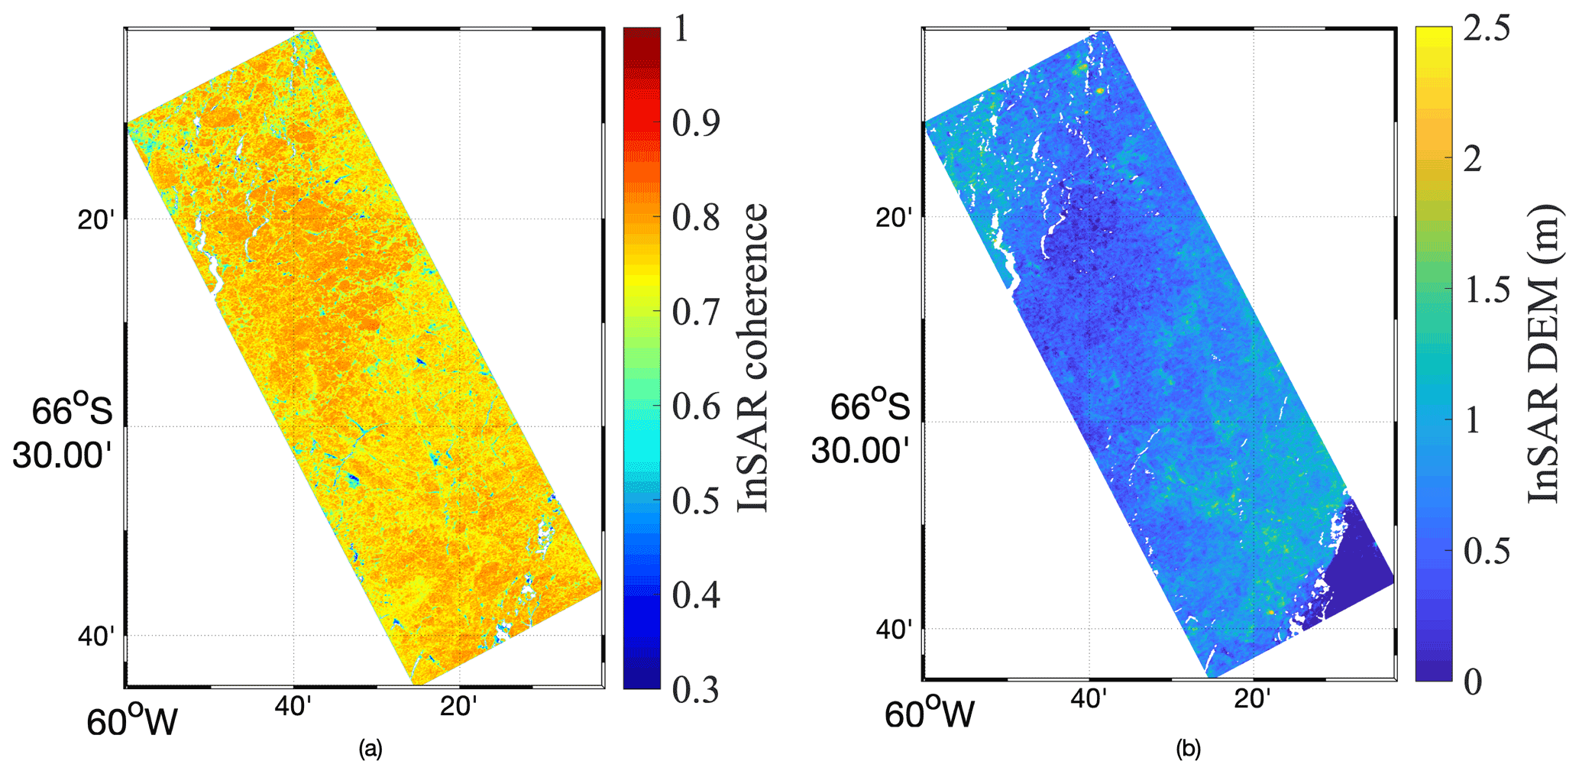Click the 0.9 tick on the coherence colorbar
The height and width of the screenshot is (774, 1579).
click(695, 123)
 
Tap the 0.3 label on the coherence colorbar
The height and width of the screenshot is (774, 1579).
click(695, 688)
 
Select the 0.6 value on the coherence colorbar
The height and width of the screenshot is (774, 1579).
click(695, 406)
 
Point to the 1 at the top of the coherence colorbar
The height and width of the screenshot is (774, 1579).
click(681, 30)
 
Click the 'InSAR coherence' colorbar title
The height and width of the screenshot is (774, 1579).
click(753, 358)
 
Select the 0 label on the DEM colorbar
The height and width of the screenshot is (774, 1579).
click(1472, 681)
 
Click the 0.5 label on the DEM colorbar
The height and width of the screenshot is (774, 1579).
click(1486, 551)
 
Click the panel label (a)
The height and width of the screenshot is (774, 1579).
click(370, 750)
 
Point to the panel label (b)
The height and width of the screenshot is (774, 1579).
click(1188, 750)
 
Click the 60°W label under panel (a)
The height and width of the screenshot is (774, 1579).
click(131, 722)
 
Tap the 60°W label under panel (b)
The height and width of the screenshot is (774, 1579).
click(930, 715)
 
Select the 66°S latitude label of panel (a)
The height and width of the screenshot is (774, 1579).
click(72, 412)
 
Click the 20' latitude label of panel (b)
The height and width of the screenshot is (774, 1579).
click(894, 218)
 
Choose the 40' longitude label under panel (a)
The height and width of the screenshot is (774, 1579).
click(293, 707)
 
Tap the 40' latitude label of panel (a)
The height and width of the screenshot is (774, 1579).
click(96, 636)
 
